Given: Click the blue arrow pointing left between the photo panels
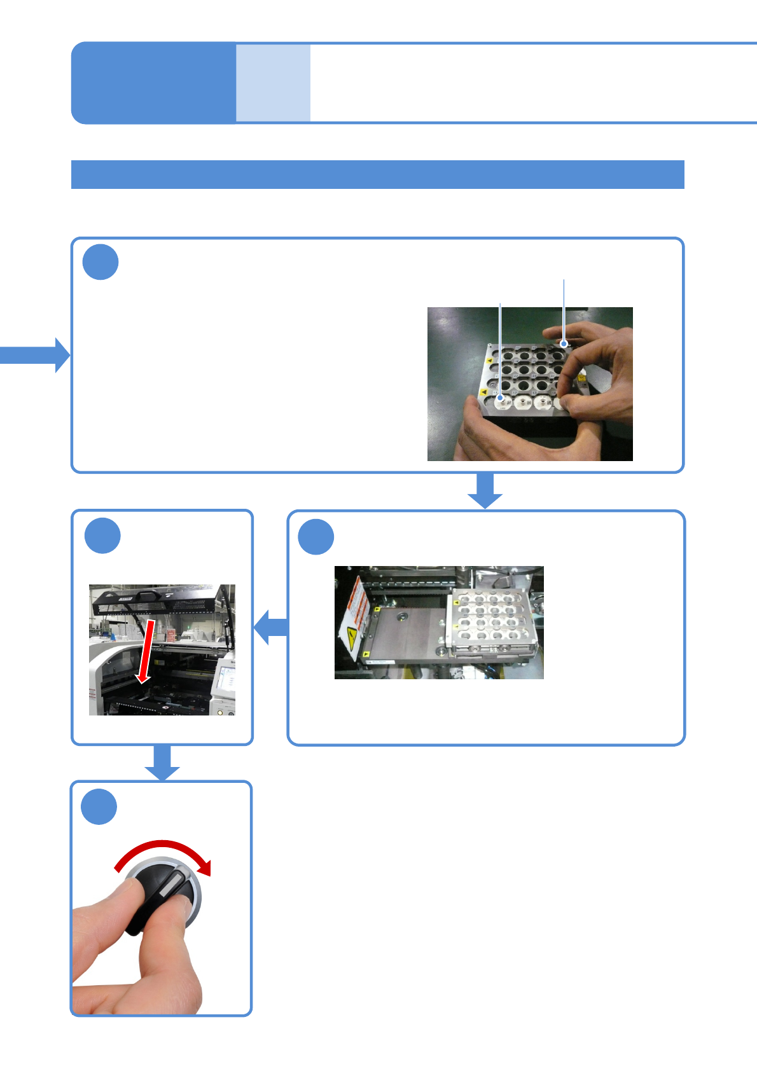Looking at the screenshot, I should [x=272, y=627].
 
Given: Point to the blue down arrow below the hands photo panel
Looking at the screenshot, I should [x=485, y=490].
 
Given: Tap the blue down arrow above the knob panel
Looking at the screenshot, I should [x=162, y=762].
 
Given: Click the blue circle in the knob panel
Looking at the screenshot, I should [x=99, y=807].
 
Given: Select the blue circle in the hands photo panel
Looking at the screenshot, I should [x=101, y=262].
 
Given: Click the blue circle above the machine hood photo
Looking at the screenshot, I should [x=102, y=535].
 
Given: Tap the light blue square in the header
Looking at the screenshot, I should [x=273, y=83].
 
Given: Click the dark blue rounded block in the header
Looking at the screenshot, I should [x=153, y=83].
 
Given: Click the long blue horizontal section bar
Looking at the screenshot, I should [x=377, y=174].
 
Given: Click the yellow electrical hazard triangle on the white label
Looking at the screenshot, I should [x=351, y=637].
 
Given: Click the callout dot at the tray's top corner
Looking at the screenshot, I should [x=564, y=344].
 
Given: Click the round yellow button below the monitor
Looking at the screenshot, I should [x=221, y=712].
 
